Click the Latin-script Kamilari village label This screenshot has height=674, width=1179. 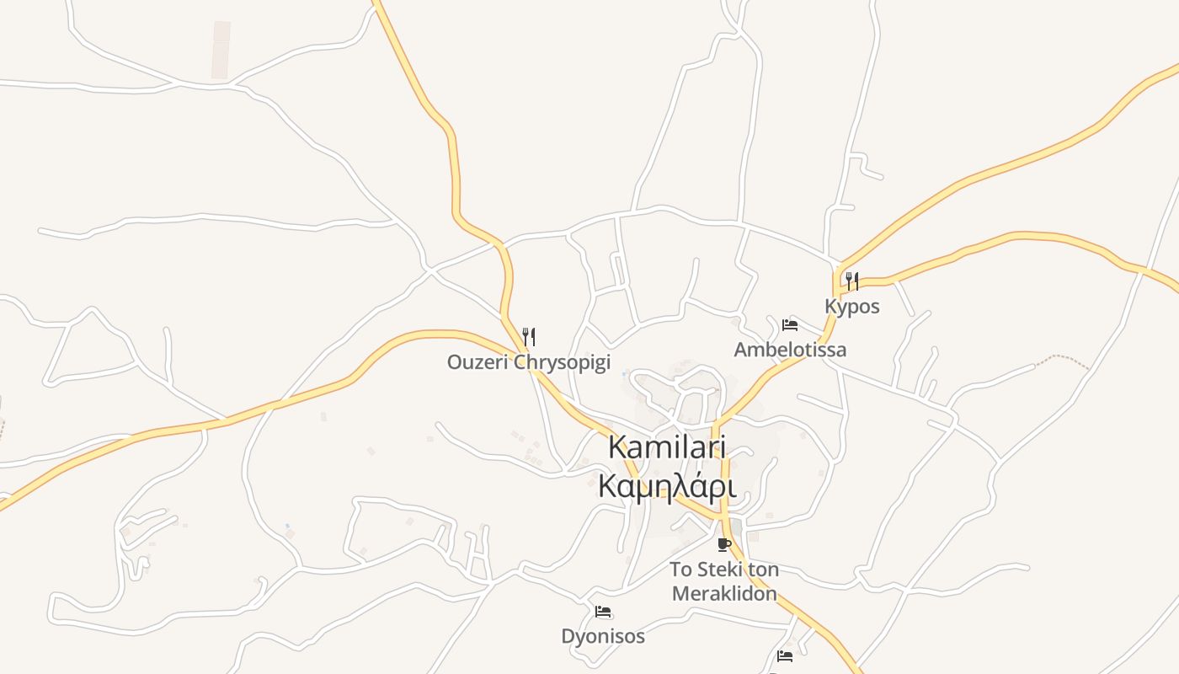click(x=668, y=447)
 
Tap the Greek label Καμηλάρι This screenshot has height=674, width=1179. click(x=668, y=487)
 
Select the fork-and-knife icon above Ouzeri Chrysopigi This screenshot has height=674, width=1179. click(x=529, y=337)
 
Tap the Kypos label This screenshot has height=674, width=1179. click(x=852, y=307)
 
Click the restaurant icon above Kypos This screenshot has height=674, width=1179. click(x=852, y=280)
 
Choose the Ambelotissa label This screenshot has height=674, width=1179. click(x=790, y=350)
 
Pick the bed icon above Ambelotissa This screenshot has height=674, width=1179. click(x=790, y=324)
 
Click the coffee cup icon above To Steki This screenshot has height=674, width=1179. click(x=723, y=544)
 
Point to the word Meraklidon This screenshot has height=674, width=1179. click(x=723, y=593)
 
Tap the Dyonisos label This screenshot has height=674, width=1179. click(x=603, y=636)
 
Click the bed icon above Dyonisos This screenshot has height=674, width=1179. click(x=603, y=612)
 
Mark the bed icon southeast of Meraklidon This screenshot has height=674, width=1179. click(x=785, y=655)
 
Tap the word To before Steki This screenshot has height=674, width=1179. click(x=681, y=570)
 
